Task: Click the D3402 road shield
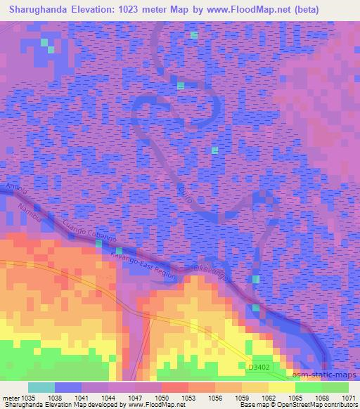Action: click(259, 366)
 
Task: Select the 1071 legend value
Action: click(349, 398)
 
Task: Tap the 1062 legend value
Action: click(258, 398)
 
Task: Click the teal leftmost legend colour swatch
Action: click(41, 387)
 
